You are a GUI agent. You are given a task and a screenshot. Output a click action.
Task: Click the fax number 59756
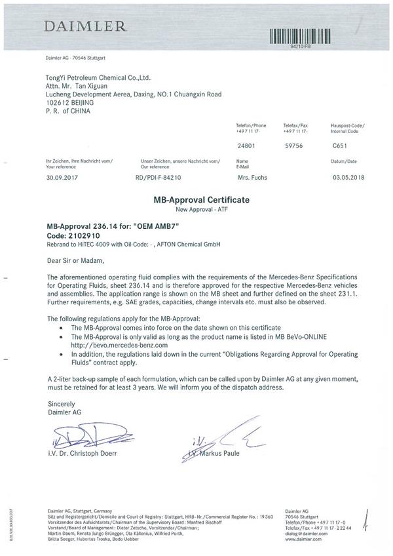291,148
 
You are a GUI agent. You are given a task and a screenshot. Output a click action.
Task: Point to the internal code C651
340,148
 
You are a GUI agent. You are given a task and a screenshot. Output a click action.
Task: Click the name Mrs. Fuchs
252,177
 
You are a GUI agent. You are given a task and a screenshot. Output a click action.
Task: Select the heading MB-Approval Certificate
196,198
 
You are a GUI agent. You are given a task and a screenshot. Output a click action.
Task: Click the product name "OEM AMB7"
156,225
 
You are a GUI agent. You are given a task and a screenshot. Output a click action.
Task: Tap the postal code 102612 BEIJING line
67,104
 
